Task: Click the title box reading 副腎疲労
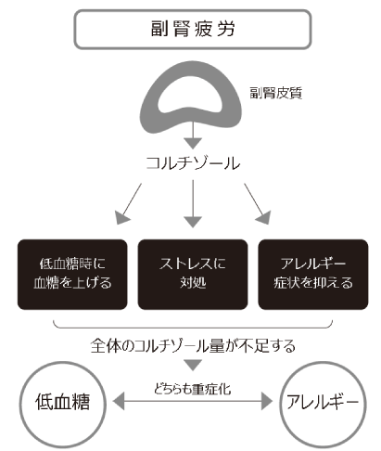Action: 191,29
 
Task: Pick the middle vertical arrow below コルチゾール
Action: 191,205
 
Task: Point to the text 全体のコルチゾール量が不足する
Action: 192,345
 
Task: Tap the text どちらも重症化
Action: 191,390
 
